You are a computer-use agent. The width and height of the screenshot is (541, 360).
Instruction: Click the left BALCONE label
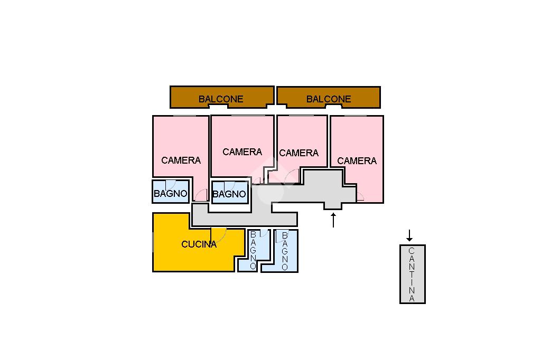pos(221,99)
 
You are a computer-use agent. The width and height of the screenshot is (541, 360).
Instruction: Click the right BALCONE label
pos(329,99)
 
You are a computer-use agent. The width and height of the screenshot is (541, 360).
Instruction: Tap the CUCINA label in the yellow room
pos(199,244)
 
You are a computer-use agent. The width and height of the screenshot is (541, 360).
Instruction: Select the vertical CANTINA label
pos(412,274)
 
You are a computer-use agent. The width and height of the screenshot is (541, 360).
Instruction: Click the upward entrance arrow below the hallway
pos(333,220)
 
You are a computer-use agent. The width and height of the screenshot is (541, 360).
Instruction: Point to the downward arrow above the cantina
pos(409,235)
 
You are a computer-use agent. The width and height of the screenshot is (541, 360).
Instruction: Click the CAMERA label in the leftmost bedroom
pos(181,160)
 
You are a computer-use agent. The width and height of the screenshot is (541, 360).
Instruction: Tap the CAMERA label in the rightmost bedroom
pos(357,160)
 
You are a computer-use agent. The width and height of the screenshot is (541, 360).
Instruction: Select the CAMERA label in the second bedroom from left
pos(242,151)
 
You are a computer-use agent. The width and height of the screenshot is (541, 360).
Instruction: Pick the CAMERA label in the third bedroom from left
pos(299,153)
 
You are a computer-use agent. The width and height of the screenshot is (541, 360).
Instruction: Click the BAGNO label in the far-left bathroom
pos(171,193)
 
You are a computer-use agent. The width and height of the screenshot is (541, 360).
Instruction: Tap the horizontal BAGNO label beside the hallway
pos(229,194)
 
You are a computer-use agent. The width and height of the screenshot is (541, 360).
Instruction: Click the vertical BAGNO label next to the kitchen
pos(253,250)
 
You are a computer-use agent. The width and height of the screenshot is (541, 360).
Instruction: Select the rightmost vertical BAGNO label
pos(285,251)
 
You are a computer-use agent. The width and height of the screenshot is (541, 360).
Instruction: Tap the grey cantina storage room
pos(412,274)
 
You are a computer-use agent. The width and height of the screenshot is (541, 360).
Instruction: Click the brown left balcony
pos(222,97)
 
